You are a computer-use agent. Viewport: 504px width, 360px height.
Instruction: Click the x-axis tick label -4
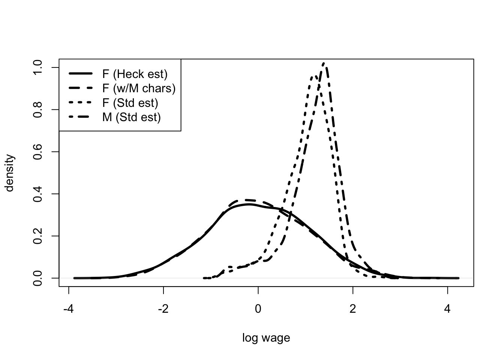[x=68, y=310]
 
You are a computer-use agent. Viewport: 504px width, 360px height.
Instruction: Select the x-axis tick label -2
[x=163, y=310]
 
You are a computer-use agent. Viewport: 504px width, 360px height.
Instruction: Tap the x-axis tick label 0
[x=258, y=310]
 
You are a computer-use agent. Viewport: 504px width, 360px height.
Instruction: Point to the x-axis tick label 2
[x=352, y=310]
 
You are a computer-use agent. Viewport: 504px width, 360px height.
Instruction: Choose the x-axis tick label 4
[x=447, y=310]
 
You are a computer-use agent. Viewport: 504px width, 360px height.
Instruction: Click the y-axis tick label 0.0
[x=38, y=278]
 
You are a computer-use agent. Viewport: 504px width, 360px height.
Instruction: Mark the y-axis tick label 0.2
[x=38, y=236]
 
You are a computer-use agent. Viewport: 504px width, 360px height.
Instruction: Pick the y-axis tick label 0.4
[x=38, y=194]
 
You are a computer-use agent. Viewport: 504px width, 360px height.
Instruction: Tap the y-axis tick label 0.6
[x=38, y=151]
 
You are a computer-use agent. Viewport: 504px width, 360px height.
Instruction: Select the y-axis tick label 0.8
[x=38, y=109]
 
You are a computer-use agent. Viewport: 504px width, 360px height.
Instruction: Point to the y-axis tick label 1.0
[x=38, y=67]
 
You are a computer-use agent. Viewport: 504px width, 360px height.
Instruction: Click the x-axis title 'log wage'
[x=266, y=338]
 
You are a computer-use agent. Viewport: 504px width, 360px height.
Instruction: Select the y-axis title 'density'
[x=10, y=173]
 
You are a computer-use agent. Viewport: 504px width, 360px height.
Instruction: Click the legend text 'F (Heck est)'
[x=135, y=74]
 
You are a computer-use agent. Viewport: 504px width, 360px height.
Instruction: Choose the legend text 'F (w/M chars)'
[x=139, y=88]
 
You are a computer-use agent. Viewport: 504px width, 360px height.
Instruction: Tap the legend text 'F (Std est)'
[x=130, y=103]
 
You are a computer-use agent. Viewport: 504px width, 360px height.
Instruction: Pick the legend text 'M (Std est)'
[x=131, y=117]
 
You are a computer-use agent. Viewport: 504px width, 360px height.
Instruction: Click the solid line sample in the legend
[x=81, y=74]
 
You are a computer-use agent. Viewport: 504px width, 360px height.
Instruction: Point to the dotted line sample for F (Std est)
[x=81, y=103]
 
